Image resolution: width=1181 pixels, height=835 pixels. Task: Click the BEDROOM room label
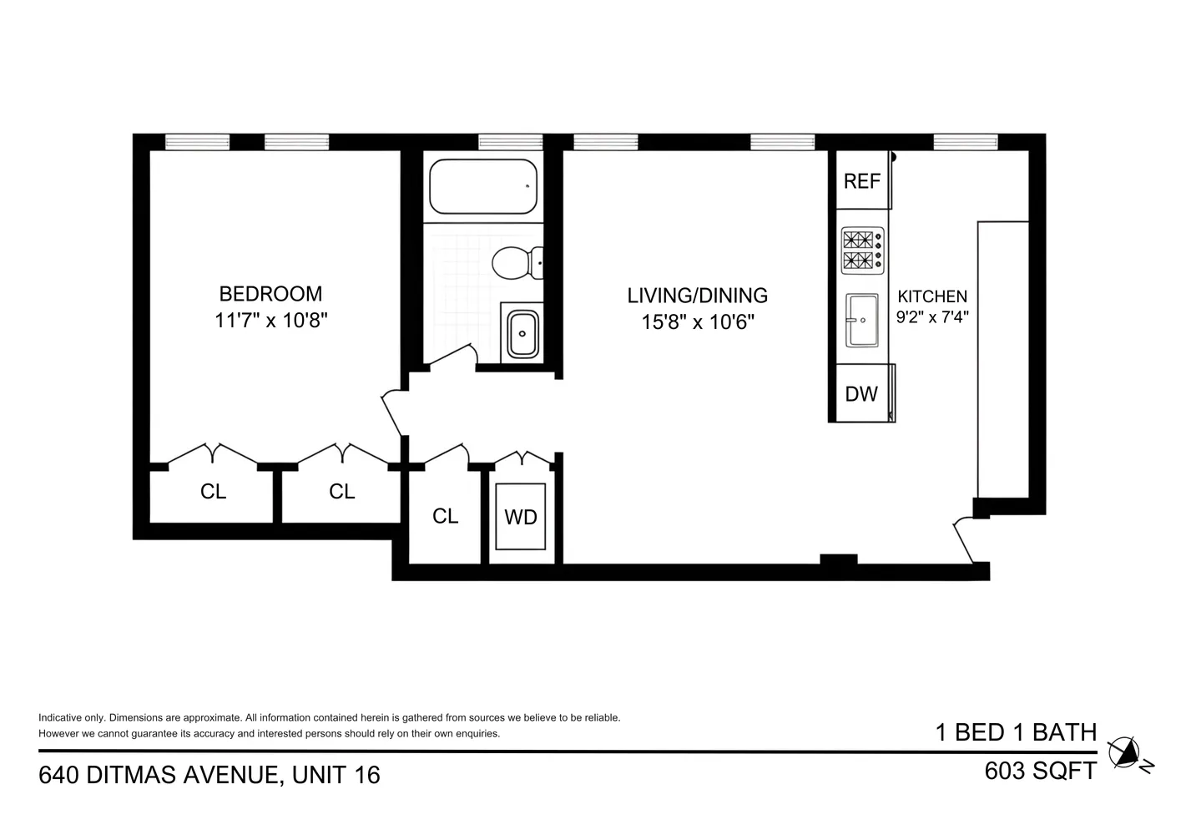(x=270, y=294)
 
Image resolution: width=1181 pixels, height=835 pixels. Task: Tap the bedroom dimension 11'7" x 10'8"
(x=270, y=321)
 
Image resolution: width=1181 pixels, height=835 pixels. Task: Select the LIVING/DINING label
(x=697, y=296)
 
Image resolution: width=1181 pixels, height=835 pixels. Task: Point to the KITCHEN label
(x=932, y=296)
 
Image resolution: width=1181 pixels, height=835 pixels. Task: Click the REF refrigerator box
(x=862, y=181)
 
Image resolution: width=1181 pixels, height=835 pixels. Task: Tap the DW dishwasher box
(x=861, y=393)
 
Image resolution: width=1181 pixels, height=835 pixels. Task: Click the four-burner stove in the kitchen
(x=862, y=250)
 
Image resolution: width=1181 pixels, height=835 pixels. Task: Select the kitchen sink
(x=862, y=320)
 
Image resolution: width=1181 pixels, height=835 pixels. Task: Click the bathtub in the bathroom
(x=482, y=187)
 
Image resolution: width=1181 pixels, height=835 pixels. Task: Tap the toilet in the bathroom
(x=516, y=263)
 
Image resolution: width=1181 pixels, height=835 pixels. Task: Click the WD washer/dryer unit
(x=521, y=517)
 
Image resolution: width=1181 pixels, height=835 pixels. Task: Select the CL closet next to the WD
(x=445, y=516)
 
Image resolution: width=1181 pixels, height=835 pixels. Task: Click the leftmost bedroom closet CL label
(x=214, y=492)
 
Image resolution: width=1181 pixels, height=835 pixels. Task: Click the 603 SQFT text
(x=1040, y=771)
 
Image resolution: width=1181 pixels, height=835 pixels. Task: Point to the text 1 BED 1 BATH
(x=1016, y=732)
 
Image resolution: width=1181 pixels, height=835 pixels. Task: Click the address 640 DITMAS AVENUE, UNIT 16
(x=209, y=776)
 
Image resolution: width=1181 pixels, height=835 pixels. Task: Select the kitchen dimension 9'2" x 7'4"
(x=932, y=317)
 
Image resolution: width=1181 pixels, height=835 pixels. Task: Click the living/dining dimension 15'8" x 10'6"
(x=697, y=322)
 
